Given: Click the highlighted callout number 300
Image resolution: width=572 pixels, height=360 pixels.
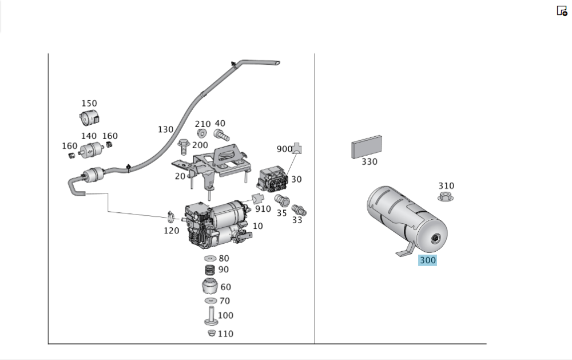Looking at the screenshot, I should pyautogui.click(x=427, y=260).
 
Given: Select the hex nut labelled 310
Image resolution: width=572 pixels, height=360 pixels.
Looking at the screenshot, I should pyautogui.click(x=446, y=197).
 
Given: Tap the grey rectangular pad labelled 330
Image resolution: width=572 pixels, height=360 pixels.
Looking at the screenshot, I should pyautogui.click(x=367, y=147).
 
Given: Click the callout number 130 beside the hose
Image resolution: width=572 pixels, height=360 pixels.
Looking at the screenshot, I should pyautogui.click(x=165, y=129).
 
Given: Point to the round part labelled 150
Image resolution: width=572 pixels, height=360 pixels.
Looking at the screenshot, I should pyautogui.click(x=87, y=118).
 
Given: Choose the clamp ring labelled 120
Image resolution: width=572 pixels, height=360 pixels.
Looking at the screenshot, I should pyautogui.click(x=170, y=217).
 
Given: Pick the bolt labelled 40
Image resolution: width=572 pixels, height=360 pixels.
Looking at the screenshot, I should pyautogui.click(x=220, y=135).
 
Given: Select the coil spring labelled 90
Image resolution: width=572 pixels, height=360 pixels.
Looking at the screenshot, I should pyautogui.click(x=210, y=270).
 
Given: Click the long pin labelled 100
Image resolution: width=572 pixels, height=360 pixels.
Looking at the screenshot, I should pyautogui.click(x=210, y=315).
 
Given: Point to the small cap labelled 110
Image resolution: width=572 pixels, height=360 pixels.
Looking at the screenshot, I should pyautogui.click(x=212, y=333).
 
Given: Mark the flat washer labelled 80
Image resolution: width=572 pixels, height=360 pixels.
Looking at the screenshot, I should pyautogui.click(x=209, y=259).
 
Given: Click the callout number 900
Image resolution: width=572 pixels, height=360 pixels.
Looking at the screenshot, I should pyautogui.click(x=284, y=149).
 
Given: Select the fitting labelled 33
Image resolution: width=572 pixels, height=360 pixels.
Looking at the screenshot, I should pyautogui.click(x=299, y=210).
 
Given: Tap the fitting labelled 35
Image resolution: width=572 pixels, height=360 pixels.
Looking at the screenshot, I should pyautogui.click(x=281, y=201).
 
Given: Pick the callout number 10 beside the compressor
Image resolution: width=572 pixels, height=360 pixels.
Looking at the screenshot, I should pyautogui.click(x=257, y=226).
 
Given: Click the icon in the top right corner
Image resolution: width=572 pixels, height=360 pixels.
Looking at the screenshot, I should pyautogui.click(x=562, y=10).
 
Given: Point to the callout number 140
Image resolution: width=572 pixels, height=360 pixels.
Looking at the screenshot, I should pyautogui.click(x=89, y=136).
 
